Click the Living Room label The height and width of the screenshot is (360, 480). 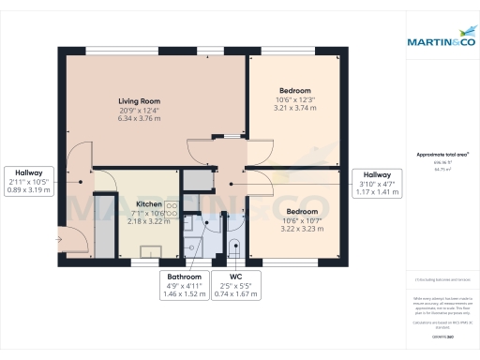tap(140, 101)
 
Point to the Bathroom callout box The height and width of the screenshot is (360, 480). tap(184, 285)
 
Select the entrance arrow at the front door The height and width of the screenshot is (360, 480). tap(59, 240)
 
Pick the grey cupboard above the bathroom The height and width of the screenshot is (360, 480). tap(196, 180)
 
